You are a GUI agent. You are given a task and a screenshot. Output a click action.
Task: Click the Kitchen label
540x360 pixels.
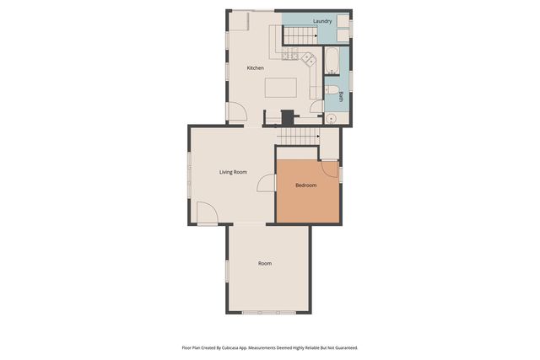pos(255,67)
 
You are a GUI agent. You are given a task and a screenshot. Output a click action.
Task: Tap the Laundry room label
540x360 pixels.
pos(321,21)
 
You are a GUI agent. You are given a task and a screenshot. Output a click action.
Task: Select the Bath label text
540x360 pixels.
pos(341,96)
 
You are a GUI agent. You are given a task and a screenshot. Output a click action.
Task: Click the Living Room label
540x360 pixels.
pos(233,172)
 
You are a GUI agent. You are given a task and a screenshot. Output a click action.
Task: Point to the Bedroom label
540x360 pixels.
pos(305,185)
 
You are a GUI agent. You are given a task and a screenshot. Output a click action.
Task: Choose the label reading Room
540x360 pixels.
pos(265,264)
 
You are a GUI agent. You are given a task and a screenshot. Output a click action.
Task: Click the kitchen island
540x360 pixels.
pos(281,88)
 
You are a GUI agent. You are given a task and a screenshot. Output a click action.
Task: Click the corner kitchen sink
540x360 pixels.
pos(309,61)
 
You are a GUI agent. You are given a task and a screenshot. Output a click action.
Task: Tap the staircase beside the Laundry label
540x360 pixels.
pos(298,35)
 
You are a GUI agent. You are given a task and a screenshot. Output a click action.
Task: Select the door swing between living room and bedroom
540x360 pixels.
pos(268,183)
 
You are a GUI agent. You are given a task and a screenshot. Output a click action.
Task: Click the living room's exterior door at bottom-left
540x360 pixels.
pos(208,214)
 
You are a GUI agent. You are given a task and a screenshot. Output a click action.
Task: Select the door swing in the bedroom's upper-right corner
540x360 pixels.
pos(331,171)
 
